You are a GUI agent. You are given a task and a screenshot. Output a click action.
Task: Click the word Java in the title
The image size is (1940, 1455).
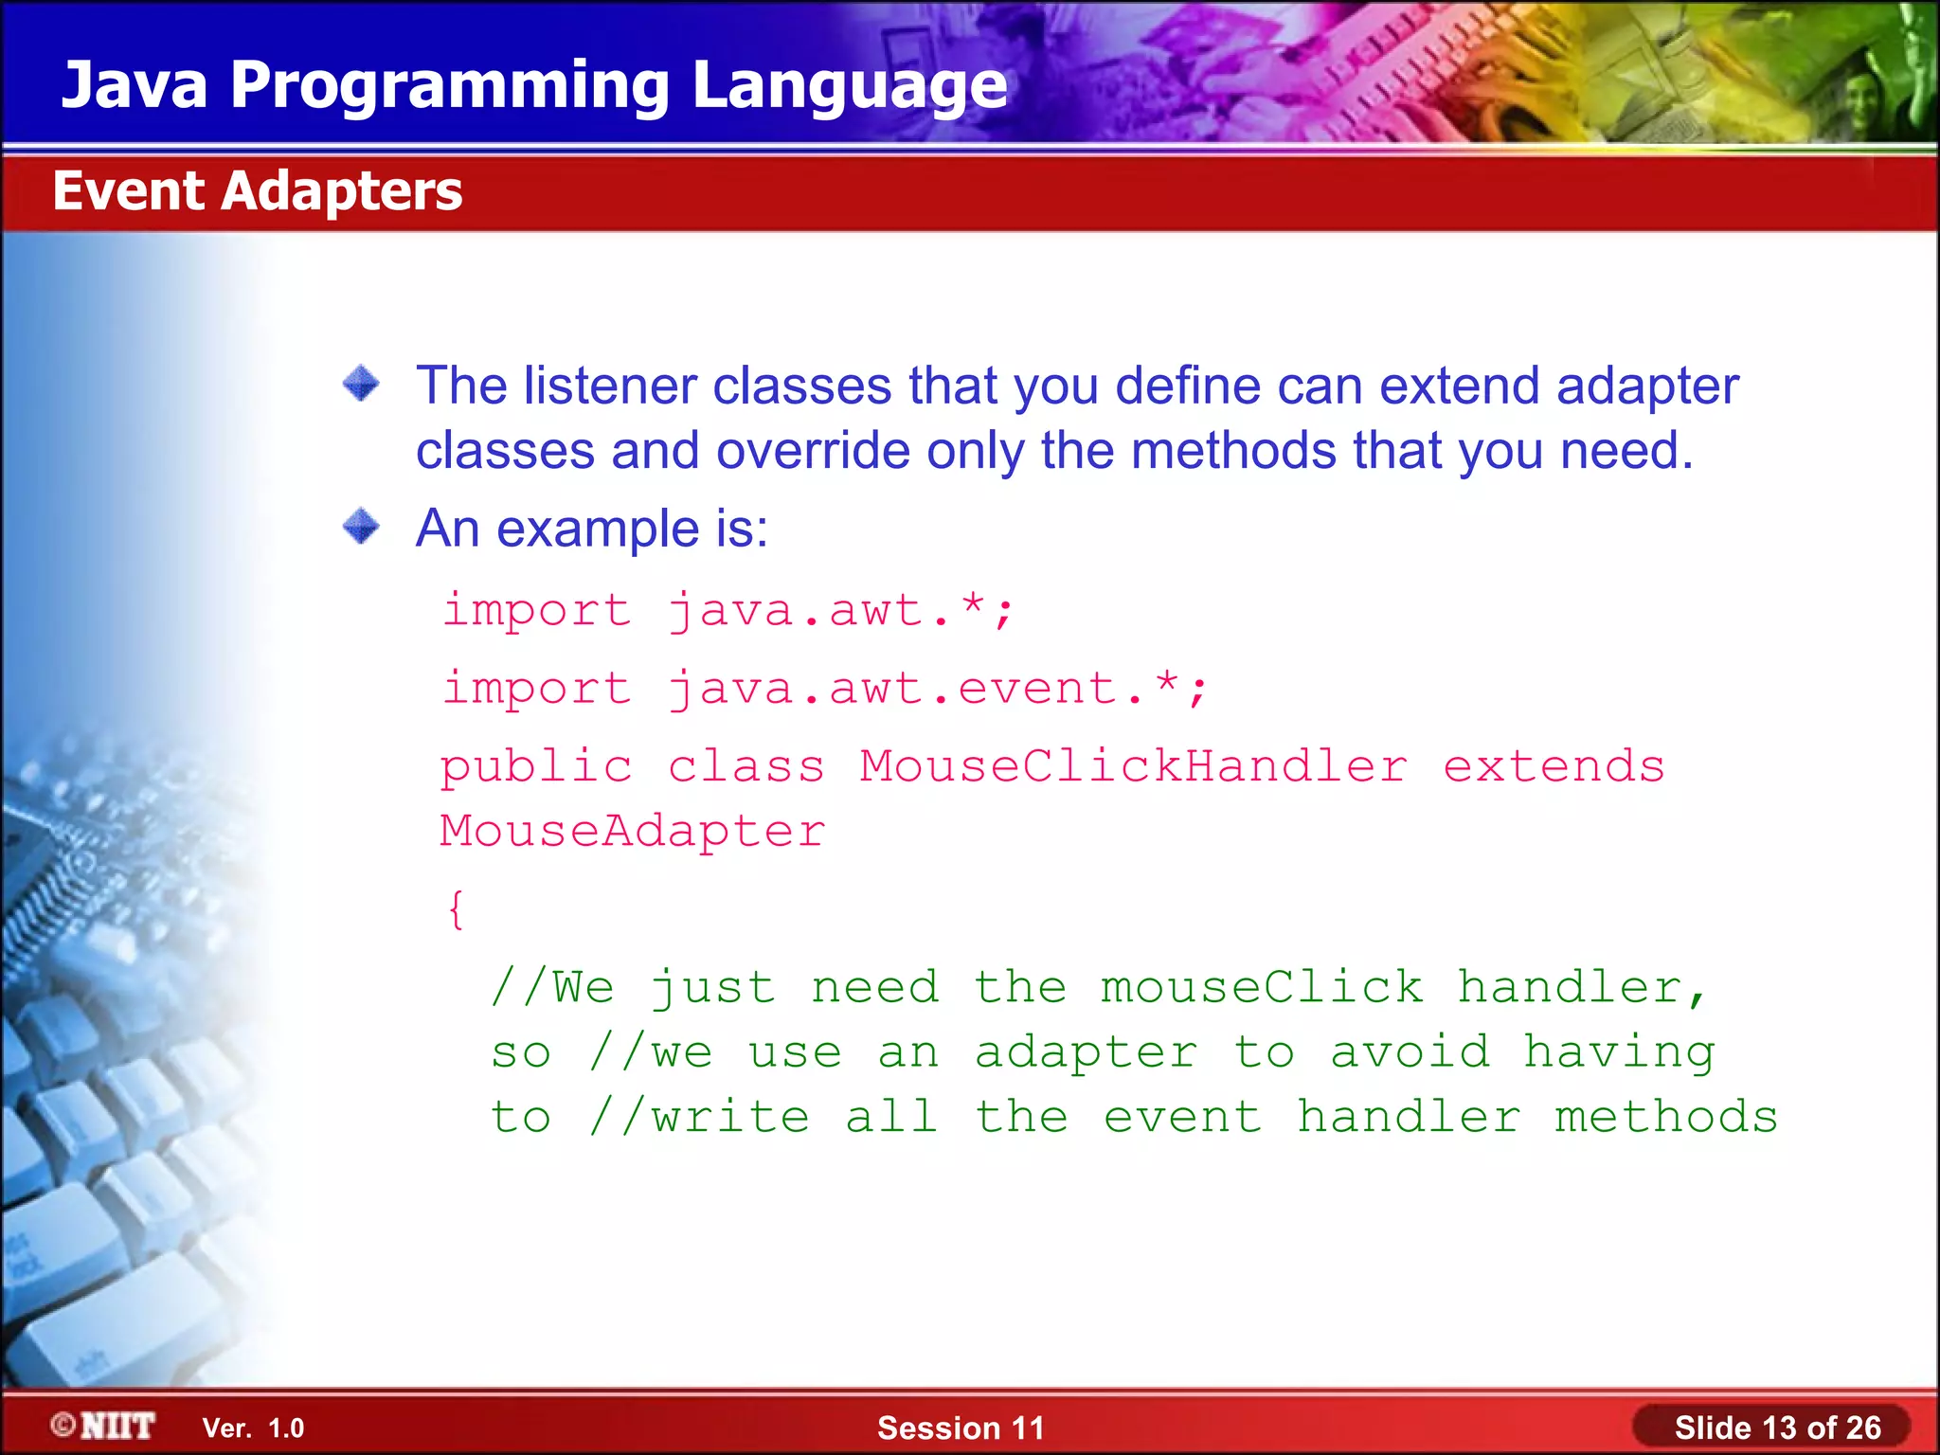click(134, 86)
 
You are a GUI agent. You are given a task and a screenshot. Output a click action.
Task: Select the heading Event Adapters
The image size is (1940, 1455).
click(257, 190)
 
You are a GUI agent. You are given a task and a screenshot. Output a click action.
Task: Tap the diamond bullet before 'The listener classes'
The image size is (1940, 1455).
click(361, 384)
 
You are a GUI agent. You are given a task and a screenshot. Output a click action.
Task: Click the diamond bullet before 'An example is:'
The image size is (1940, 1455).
click(361, 526)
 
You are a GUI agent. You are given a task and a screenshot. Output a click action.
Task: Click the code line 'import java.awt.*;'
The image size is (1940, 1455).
click(727, 610)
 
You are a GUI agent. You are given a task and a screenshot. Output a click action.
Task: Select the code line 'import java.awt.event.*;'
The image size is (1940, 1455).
click(824, 688)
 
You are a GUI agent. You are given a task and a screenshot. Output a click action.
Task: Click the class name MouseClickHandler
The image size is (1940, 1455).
click(1133, 765)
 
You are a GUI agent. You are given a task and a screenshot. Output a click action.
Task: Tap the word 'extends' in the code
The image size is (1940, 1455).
click(1553, 765)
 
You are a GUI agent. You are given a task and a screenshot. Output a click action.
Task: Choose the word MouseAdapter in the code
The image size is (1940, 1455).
click(632, 831)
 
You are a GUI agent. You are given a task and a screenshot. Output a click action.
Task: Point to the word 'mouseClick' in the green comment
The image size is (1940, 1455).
click(1261, 988)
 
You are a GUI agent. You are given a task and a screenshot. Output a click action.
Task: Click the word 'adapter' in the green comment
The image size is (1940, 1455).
click(1086, 1053)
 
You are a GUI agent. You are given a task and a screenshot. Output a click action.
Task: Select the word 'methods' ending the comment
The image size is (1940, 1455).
click(1665, 1117)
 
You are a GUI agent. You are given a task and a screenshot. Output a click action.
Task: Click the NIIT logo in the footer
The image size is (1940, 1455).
click(104, 1426)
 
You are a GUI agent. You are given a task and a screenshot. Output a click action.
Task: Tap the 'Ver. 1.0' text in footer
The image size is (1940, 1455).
click(253, 1428)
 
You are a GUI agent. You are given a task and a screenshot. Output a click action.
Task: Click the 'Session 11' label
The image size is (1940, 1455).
click(960, 1428)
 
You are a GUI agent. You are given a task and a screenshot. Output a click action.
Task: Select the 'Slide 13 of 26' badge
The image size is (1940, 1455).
click(1776, 1428)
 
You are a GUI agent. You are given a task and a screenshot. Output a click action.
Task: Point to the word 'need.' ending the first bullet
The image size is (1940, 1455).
click(1626, 450)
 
